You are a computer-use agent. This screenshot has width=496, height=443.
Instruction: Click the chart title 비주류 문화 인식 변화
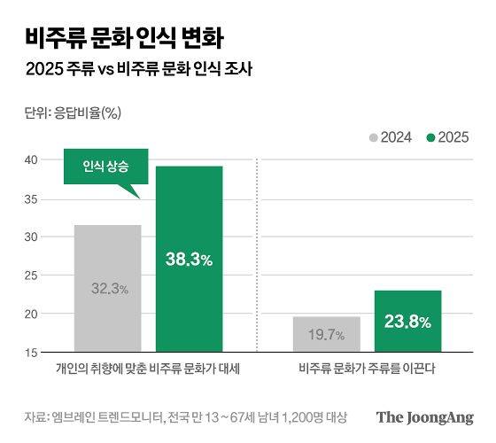tap(124, 38)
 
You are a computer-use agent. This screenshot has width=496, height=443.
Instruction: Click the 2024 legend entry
tap(392, 137)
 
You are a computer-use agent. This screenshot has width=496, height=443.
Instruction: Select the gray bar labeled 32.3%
tap(107, 288)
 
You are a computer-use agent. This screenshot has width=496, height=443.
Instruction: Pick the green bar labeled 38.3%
tap(189, 259)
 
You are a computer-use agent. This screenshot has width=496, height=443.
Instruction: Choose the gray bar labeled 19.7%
tap(326, 334)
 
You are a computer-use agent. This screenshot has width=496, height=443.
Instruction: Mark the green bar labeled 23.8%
tap(407, 321)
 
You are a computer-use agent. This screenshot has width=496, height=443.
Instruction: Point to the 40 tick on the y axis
tap(31, 159)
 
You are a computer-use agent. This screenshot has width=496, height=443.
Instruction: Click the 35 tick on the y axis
tap(31, 198)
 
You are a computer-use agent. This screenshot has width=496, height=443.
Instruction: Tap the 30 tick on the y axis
tap(31, 237)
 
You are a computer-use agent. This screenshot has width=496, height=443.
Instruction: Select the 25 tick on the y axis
tap(31, 276)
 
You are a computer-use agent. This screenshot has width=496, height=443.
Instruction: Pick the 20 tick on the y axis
tap(31, 314)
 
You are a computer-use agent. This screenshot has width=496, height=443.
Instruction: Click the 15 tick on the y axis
tap(31, 352)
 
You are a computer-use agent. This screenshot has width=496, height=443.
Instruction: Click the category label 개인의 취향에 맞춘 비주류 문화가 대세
tap(148, 368)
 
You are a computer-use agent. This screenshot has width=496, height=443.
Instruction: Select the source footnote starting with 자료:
tap(185, 416)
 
